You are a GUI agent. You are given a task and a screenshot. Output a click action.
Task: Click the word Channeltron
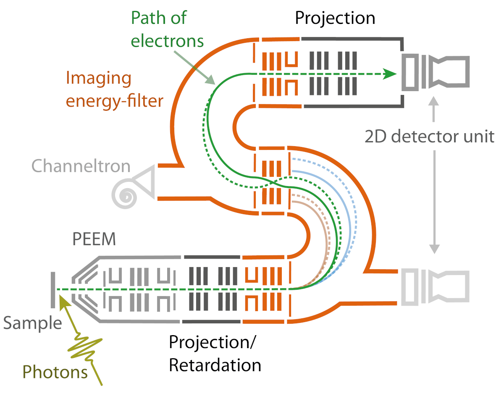[x=81, y=166]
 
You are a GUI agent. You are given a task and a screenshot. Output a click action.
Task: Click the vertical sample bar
[x=53, y=289]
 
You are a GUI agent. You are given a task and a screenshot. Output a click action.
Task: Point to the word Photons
[x=55, y=372]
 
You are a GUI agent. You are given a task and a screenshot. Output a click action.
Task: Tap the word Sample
[x=33, y=323]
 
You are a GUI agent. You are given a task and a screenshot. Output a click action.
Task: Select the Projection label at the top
[x=335, y=18]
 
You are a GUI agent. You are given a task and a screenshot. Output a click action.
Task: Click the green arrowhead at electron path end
[x=390, y=74]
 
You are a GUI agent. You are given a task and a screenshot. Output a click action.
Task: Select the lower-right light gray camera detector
[x=435, y=287]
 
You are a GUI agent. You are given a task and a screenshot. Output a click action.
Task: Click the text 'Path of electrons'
[x=167, y=29]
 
